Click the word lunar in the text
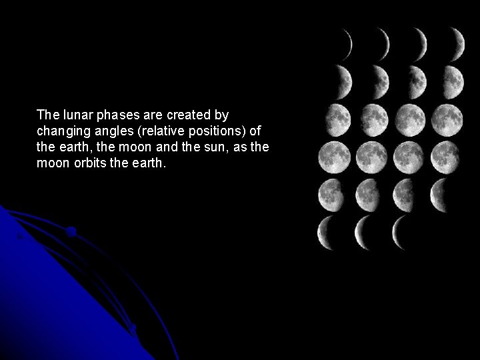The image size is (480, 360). tap(72, 114)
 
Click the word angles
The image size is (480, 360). tap(109, 131)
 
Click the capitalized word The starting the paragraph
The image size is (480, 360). tap(48, 114)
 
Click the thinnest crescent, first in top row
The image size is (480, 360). tap(347, 43)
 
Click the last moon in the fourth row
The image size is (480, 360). tap(445, 157)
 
